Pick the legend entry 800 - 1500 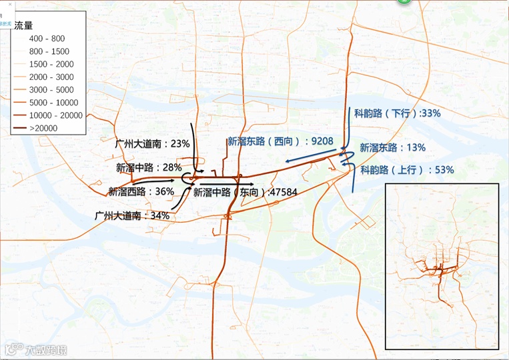pyautogui.click(x=49, y=51)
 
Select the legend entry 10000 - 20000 pyautogui.click(x=57, y=115)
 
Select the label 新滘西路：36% pyautogui.click(x=141, y=191)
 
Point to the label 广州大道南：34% pyautogui.click(x=132, y=216)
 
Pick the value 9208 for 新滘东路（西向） pyautogui.click(x=319, y=141)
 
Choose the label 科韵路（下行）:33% pyautogui.click(x=397, y=113)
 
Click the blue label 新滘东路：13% pyautogui.click(x=392, y=147)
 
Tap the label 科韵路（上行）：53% pyautogui.click(x=407, y=170)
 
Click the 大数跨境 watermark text pyautogui.click(x=45, y=349)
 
